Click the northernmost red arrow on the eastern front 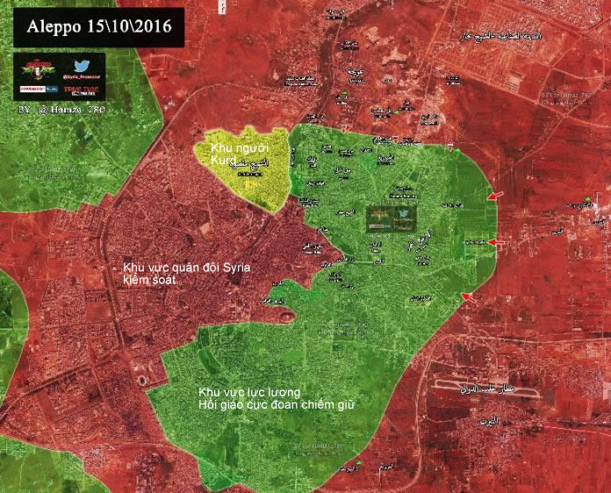(x=496, y=195)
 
